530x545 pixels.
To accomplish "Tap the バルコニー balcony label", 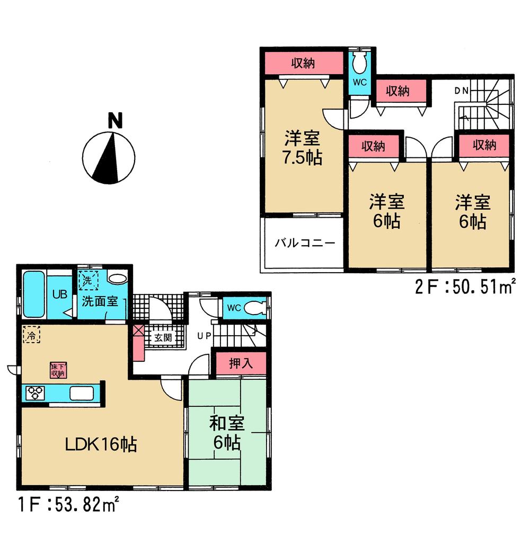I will pos(305,244).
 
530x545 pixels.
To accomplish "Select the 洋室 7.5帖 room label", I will pos(303,149).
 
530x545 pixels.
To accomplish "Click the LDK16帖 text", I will pos(101,444).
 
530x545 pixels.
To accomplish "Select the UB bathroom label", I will pos(59,294).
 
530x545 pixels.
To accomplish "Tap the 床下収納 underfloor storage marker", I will pos(58,370).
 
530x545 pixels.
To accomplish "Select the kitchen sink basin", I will pos(82,394).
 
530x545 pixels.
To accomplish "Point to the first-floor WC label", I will pos(234,308).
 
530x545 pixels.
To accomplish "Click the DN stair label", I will pos(461,90).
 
